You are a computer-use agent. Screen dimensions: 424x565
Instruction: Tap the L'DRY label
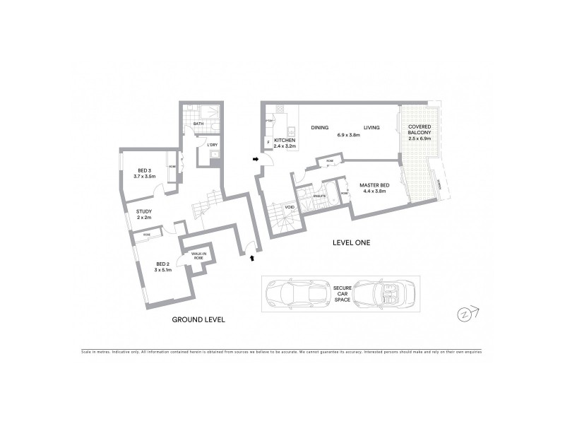tap(211, 146)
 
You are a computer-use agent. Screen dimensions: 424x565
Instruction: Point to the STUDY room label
tap(144, 213)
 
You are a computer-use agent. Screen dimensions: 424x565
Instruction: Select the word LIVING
tap(371, 128)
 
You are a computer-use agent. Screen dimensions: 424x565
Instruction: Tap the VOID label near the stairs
tap(290, 207)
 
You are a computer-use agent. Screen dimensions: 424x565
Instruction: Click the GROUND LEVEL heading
tap(198, 319)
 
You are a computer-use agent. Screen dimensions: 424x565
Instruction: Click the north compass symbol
tap(468, 313)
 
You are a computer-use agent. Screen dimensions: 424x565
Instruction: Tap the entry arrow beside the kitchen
tap(255, 160)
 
